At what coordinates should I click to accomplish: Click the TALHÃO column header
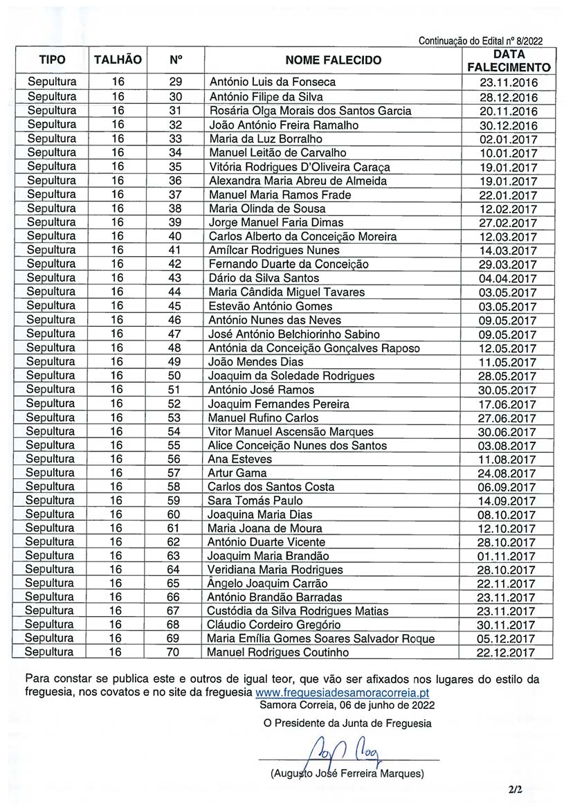(118, 60)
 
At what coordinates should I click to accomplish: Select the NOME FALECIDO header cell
(333, 60)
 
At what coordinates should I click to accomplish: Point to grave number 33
(175, 138)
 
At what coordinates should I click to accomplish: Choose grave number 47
(175, 334)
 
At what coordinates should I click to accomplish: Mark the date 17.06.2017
(508, 404)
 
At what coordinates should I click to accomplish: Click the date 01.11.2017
(507, 556)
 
